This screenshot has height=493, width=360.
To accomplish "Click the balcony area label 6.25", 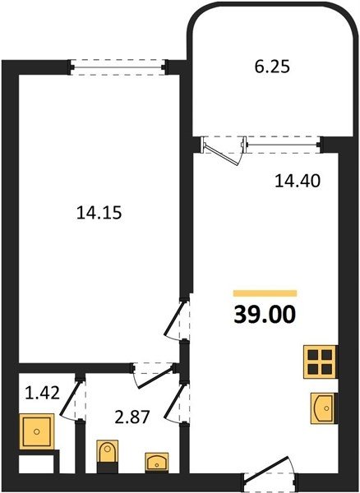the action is [272, 67].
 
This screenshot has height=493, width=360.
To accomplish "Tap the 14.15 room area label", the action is [99, 213].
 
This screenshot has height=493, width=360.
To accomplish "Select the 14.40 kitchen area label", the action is [298, 181].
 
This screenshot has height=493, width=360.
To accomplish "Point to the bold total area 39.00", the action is [265, 315].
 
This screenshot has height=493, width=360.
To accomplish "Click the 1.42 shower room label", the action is [42, 393].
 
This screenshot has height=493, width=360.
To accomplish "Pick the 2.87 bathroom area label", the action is [132, 418].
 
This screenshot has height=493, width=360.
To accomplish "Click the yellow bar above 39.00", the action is [265, 293].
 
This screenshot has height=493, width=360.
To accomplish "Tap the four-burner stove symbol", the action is [321, 362].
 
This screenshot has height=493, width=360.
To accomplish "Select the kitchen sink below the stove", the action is [323, 408].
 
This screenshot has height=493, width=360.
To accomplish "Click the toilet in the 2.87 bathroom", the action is [108, 456].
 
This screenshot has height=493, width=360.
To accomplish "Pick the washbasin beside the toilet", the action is [157, 462].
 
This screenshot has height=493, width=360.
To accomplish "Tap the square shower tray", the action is [36, 431].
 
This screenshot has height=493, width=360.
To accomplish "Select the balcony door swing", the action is [224, 151].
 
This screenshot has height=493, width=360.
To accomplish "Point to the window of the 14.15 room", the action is [118, 67].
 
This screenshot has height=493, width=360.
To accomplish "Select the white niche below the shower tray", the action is [36, 463].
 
